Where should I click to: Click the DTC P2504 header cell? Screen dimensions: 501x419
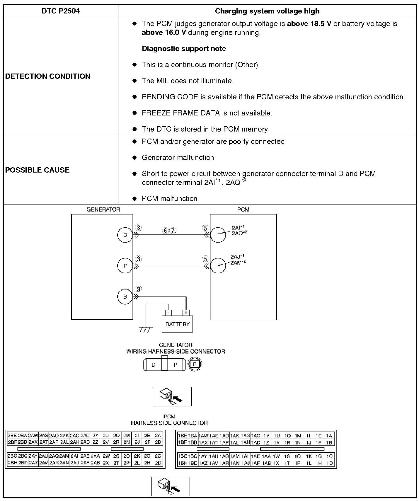pyautogui.click(x=61, y=11)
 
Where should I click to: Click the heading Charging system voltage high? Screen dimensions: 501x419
pyautogui.click(x=267, y=11)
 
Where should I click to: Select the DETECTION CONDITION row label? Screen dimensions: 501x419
pyautogui.click(x=48, y=76)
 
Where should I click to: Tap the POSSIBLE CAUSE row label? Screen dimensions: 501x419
pyautogui.click(x=37, y=170)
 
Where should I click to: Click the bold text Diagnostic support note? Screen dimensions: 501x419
pyautogui.click(x=184, y=49)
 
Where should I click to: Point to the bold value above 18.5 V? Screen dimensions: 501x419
pyautogui.click(x=309, y=24)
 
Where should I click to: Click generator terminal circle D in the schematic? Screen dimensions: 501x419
pyautogui.click(x=125, y=235)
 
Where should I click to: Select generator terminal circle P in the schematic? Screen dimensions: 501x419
pyautogui.click(x=125, y=266)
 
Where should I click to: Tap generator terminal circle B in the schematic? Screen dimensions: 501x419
pyautogui.click(x=125, y=296)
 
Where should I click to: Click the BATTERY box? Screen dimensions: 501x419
pyautogui.click(x=177, y=324)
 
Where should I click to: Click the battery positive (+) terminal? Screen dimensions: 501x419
pyautogui.click(x=186, y=313)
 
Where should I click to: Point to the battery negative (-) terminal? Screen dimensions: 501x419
pyautogui.click(x=168, y=313)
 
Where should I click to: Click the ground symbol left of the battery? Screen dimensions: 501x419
pyautogui.click(x=146, y=329)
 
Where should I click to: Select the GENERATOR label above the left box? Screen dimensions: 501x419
pyautogui.click(x=103, y=209)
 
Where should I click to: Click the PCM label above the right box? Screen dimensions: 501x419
pyautogui.click(x=243, y=209)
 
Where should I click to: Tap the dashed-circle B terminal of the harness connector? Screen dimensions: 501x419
pyautogui.click(x=195, y=365)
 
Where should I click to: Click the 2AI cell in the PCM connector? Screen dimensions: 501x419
pyautogui.click(x=74, y=456)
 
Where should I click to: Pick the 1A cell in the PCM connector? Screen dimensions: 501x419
pyautogui.click(x=329, y=436)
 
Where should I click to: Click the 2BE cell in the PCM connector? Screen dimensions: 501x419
pyautogui.click(x=12, y=436)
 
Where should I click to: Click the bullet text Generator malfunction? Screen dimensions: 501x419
pyautogui.click(x=178, y=158)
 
